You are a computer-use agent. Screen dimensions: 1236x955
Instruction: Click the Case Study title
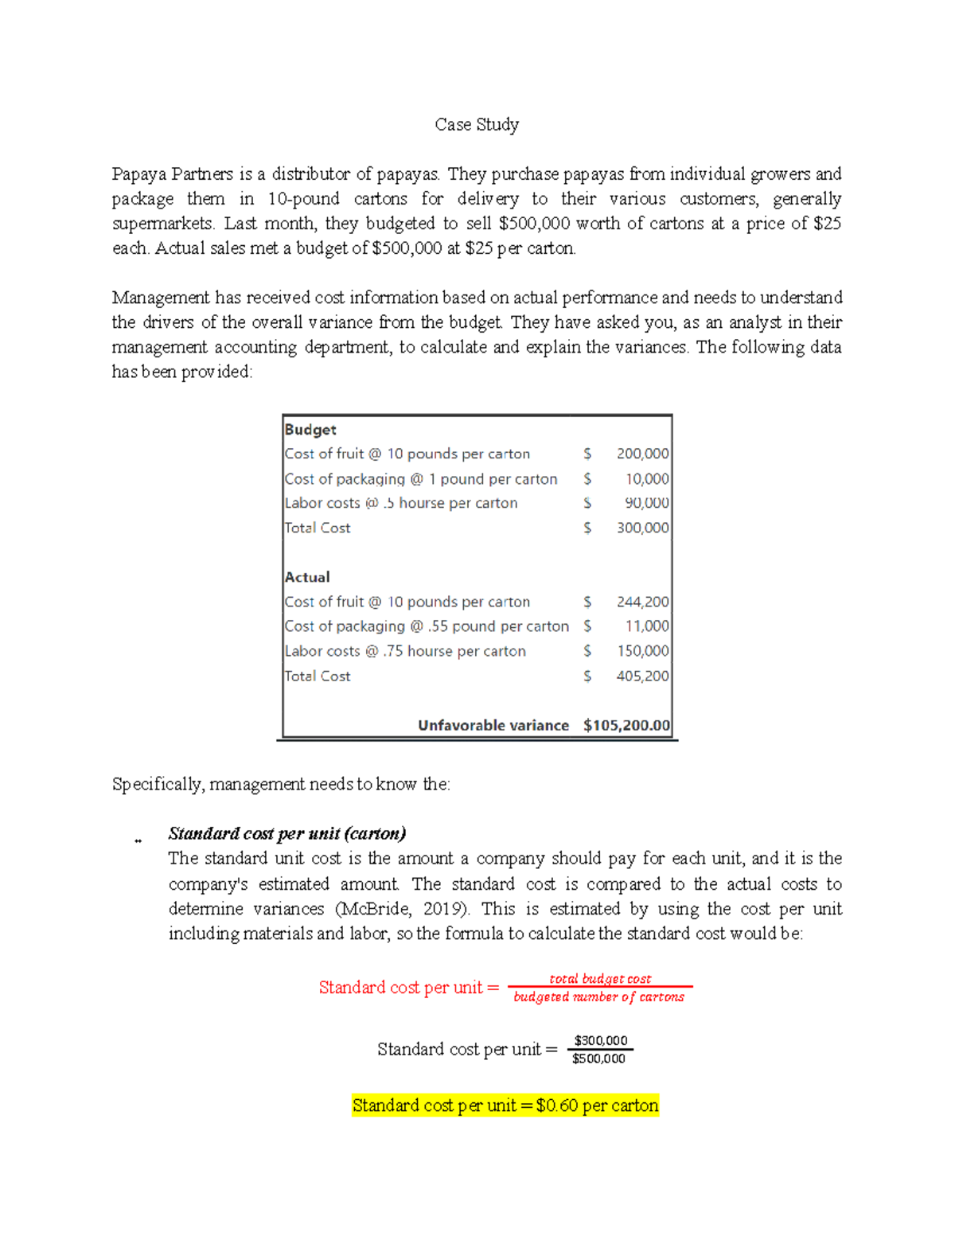477,125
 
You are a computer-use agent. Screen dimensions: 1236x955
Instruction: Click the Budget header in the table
310,430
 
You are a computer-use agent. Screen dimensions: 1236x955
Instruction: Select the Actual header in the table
307,577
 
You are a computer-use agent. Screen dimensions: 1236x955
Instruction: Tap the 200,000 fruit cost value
642,454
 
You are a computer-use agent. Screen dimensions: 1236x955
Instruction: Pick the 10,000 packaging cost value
646,479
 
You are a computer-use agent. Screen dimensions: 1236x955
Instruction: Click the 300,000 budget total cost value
642,528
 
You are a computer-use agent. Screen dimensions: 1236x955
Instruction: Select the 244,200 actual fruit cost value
642,602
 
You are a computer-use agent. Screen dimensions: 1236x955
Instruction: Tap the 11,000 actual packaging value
646,626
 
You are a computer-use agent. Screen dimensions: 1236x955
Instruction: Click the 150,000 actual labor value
642,651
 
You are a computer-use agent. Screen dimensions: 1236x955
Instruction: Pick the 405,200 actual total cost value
642,676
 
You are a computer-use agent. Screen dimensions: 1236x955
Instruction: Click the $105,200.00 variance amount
626,725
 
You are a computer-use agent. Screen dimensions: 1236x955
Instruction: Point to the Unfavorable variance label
493,725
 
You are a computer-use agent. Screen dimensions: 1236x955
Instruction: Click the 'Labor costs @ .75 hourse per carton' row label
405,651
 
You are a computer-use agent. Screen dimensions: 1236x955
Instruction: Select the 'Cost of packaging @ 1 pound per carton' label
421,479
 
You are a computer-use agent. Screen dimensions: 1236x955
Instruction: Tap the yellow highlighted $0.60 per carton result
505,1105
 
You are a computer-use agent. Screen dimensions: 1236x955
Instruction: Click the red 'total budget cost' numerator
600,979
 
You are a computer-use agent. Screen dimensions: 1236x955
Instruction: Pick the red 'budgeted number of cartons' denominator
598,997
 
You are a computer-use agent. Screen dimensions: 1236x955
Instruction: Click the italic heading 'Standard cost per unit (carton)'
287,833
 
